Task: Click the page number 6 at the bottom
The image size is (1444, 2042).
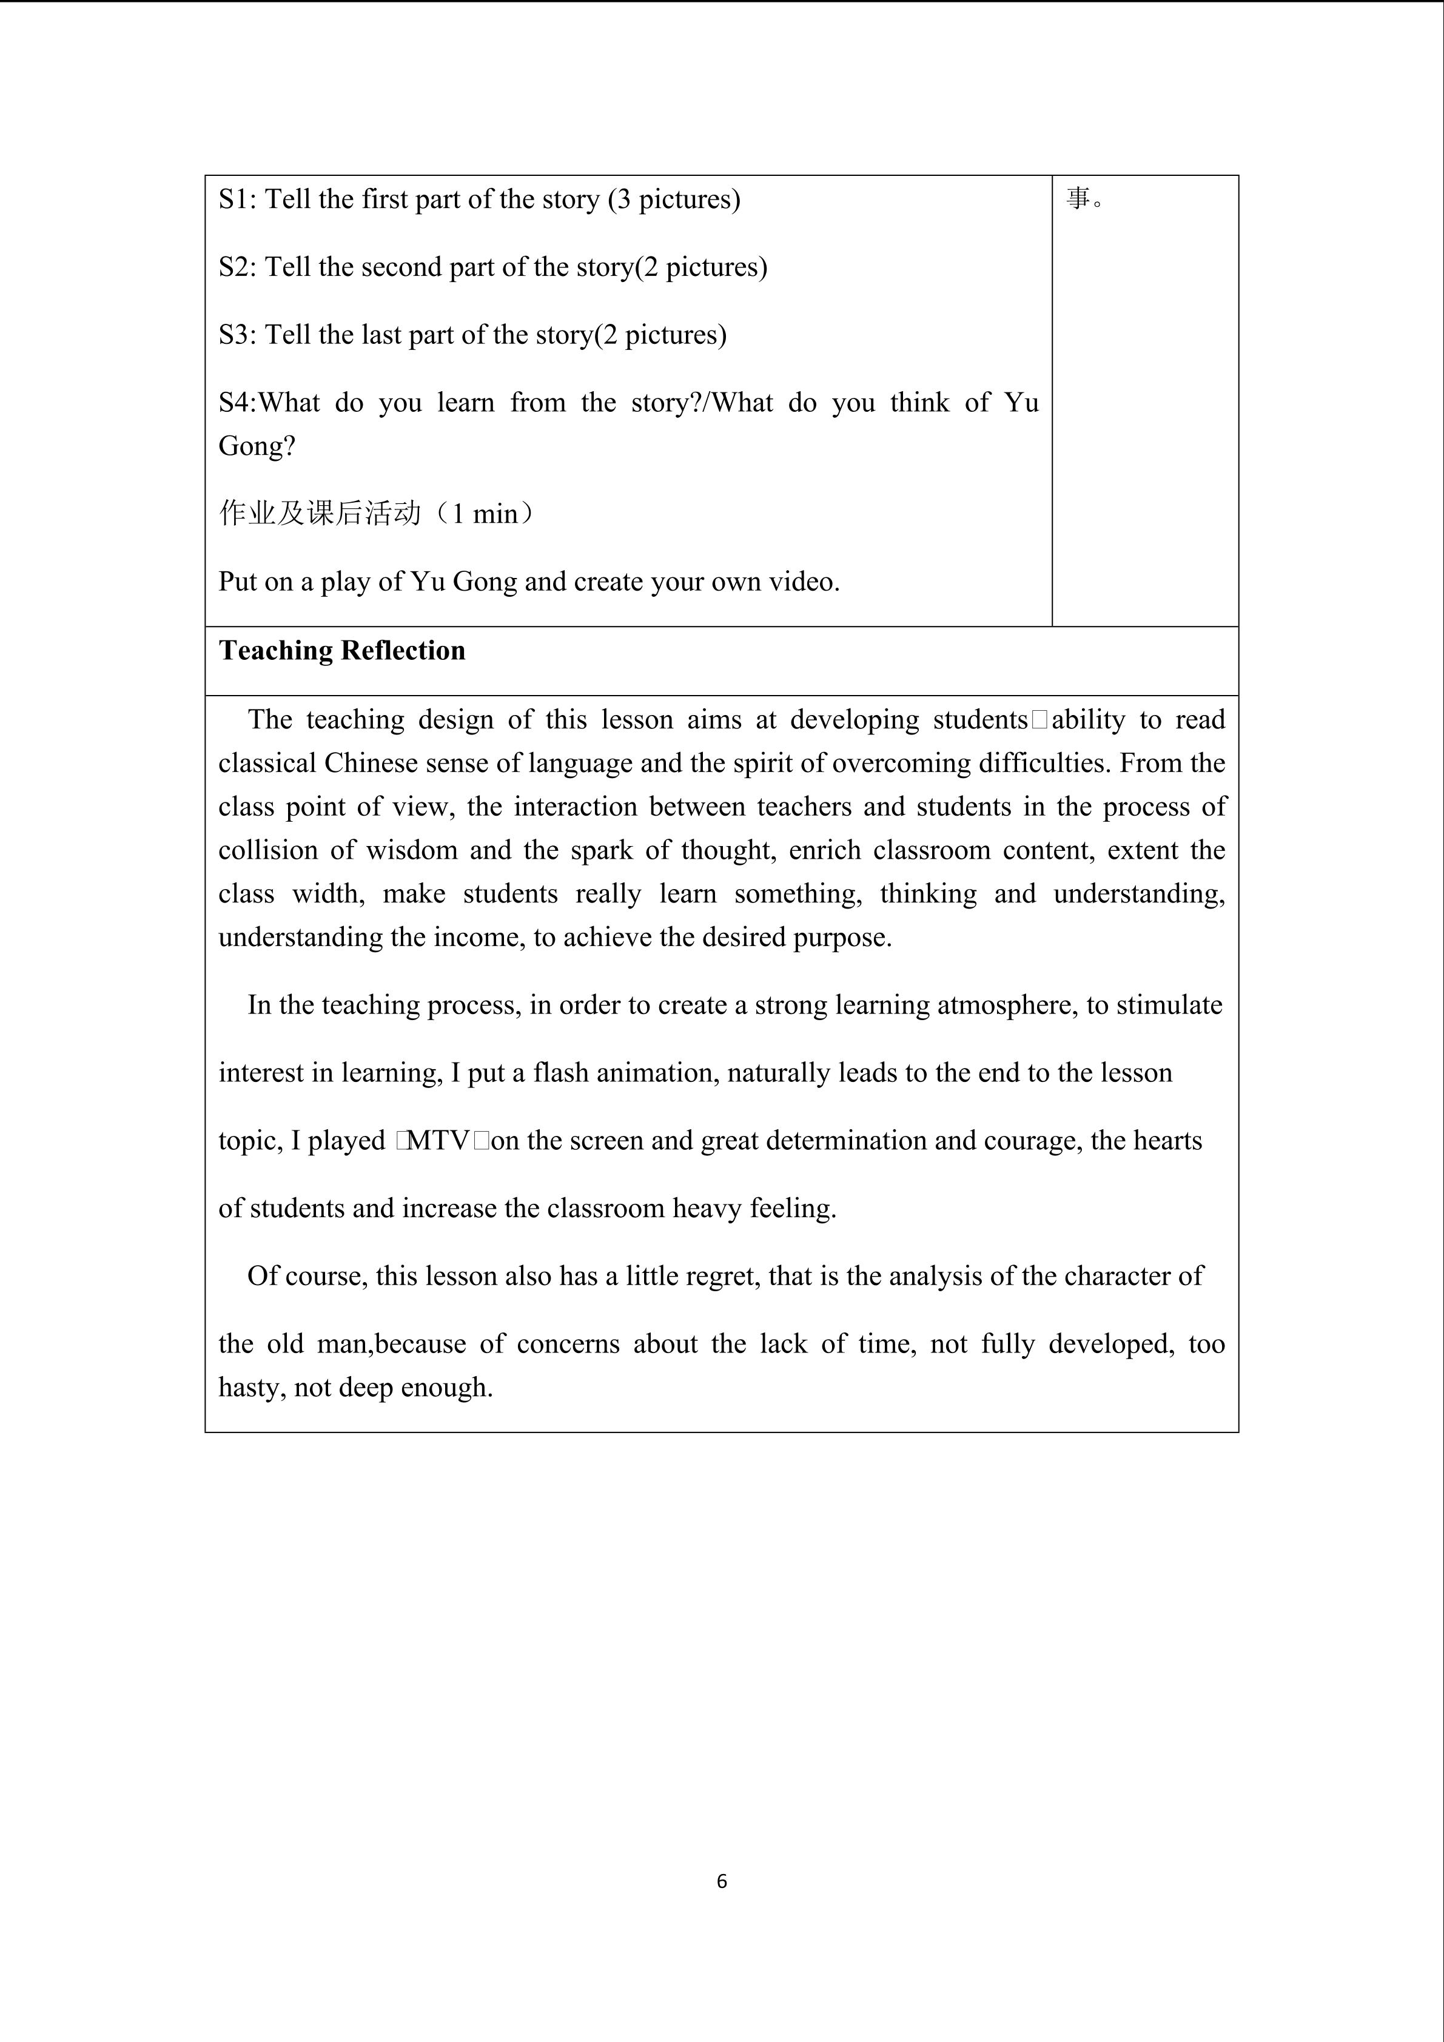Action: tap(721, 1881)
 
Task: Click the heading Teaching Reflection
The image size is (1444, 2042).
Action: tap(342, 651)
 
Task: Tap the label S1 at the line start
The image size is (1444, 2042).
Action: tap(237, 199)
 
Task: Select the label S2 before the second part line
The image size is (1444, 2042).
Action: tap(237, 267)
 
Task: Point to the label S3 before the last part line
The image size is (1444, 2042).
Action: tap(237, 335)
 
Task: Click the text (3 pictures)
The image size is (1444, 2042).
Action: tap(674, 199)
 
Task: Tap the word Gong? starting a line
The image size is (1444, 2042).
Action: tap(257, 446)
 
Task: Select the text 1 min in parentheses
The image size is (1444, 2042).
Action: tap(485, 514)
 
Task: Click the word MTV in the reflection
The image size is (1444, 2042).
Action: tap(437, 1141)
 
